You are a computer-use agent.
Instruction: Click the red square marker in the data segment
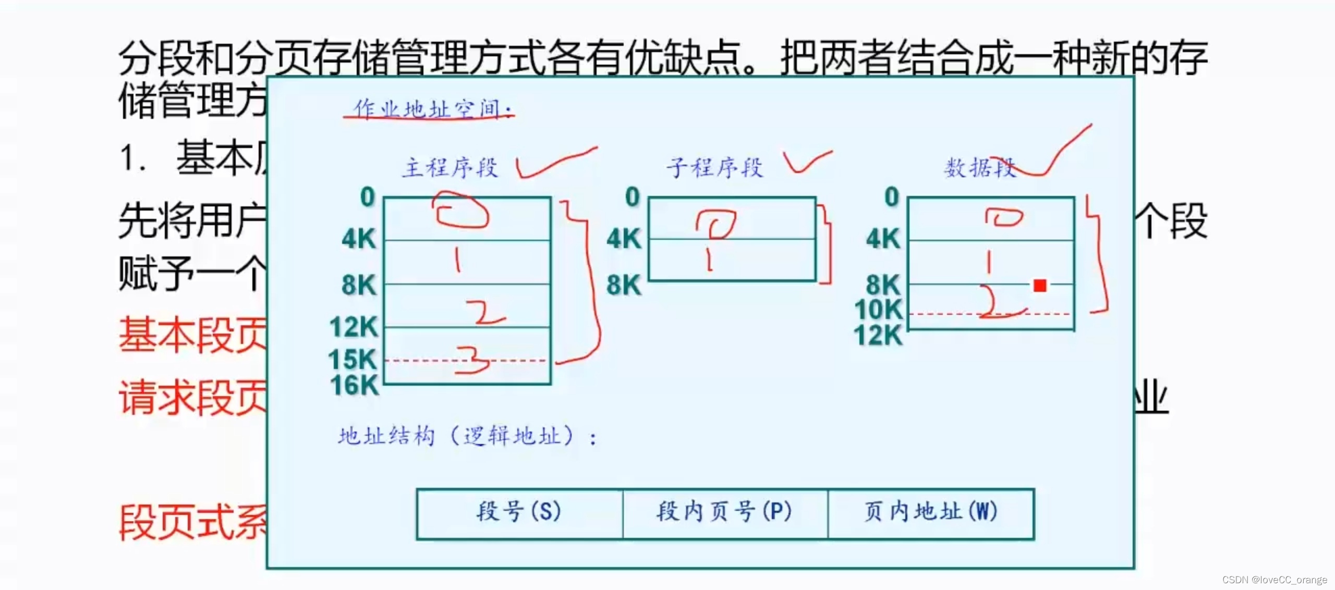click(x=1040, y=286)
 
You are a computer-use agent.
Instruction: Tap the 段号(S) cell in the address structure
click(x=519, y=512)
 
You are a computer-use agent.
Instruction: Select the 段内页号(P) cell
click(x=724, y=512)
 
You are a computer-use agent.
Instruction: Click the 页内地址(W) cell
click(x=931, y=512)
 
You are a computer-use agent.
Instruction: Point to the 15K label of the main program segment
click(x=353, y=360)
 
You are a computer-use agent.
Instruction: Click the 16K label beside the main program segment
click(x=354, y=386)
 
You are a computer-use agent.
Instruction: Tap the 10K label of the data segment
click(x=879, y=310)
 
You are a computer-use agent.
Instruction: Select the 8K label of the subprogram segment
click(x=624, y=285)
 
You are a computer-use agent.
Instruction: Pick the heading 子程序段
click(x=714, y=168)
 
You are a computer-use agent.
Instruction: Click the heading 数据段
click(x=979, y=168)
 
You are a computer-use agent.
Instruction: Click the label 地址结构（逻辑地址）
click(x=467, y=436)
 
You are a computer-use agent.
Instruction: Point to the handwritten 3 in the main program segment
click(x=472, y=361)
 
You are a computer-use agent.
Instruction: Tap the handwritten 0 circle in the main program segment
click(x=461, y=211)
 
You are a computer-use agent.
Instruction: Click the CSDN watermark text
click(x=1275, y=580)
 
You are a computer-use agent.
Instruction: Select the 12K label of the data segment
click(x=878, y=335)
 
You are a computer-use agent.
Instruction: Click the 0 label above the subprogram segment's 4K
click(x=632, y=197)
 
